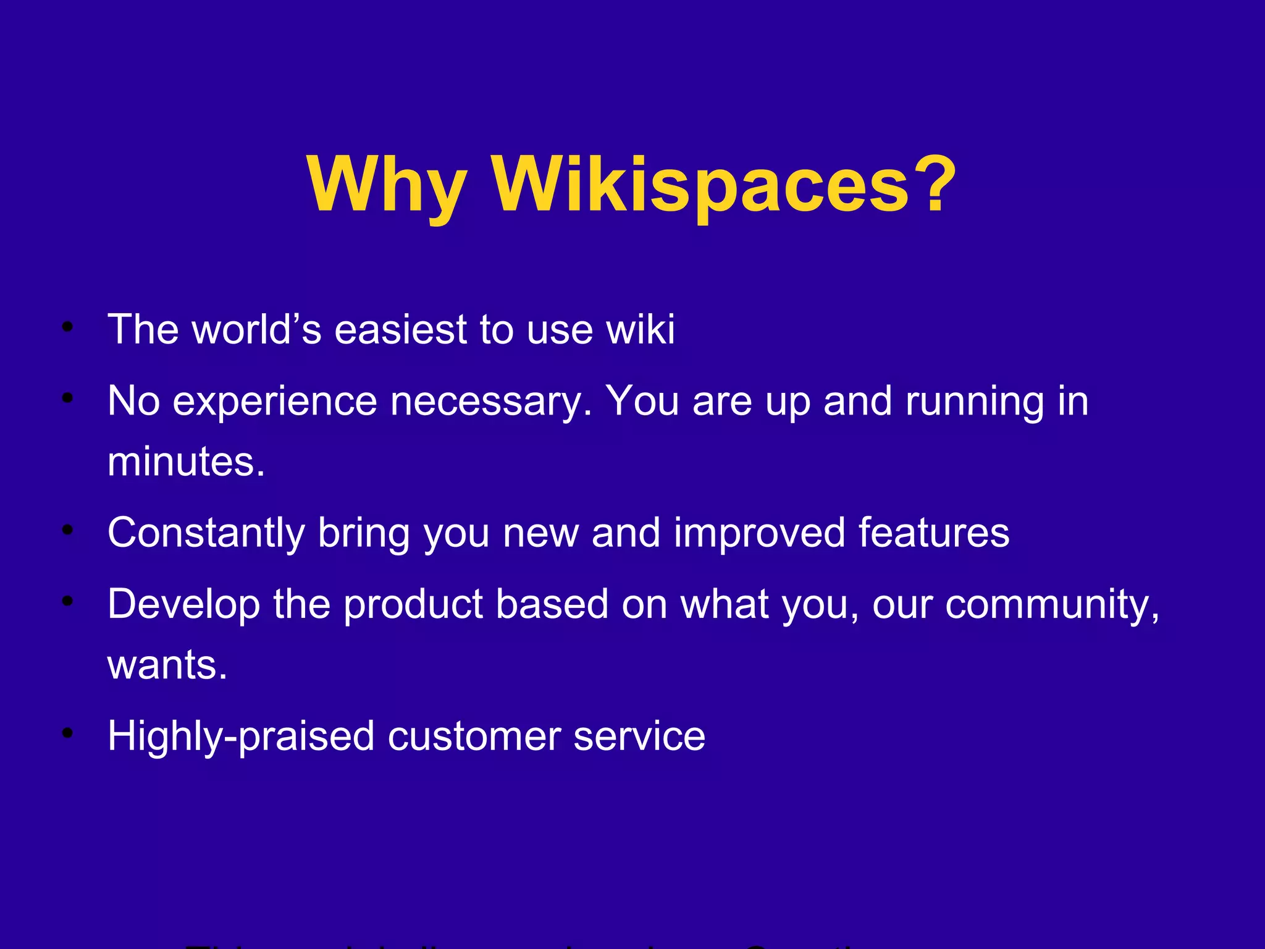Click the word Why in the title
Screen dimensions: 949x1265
pos(386,185)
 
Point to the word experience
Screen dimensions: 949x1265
pos(274,402)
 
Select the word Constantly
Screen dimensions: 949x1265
pos(206,533)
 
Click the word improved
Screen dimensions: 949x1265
pos(759,533)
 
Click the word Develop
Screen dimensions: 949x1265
pos(183,604)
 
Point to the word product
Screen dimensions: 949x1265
pos(413,604)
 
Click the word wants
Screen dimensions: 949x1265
pos(167,665)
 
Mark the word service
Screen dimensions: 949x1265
pos(639,736)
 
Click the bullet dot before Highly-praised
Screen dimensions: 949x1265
pos(68,733)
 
